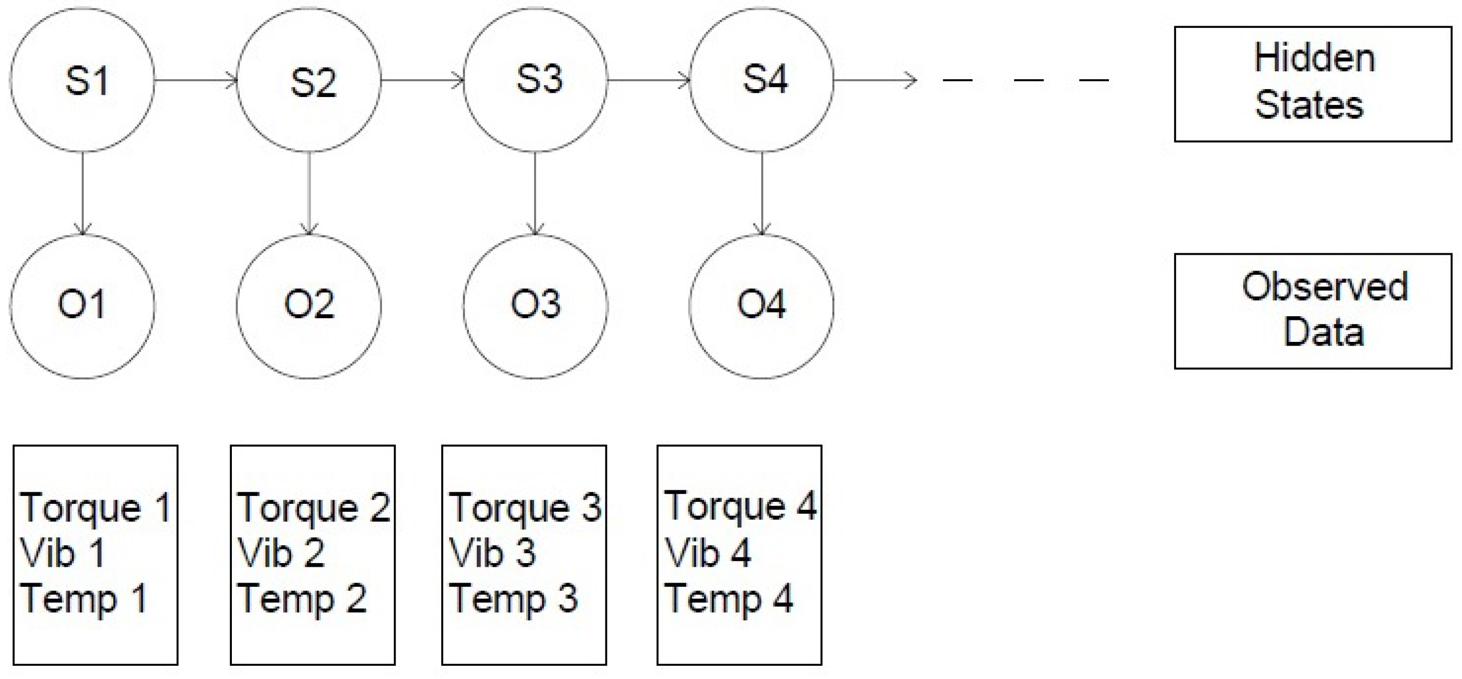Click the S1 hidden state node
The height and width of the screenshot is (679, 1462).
82,80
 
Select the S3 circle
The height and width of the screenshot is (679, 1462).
535,80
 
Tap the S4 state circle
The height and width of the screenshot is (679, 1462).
762,80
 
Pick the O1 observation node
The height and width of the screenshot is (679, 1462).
82,306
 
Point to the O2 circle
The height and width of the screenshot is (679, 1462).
309,306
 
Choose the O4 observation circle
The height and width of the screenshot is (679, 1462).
762,306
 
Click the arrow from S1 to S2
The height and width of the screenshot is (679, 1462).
195,81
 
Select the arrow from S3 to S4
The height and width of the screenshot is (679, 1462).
648,81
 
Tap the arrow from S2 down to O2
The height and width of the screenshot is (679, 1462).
309,193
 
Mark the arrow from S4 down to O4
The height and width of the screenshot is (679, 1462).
762,193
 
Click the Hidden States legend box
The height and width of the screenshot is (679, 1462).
1312,84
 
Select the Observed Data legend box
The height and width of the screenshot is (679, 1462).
1312,311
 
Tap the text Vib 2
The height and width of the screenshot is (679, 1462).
281,552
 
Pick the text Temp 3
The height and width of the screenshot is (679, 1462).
513,598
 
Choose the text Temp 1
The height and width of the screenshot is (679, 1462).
83,598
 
